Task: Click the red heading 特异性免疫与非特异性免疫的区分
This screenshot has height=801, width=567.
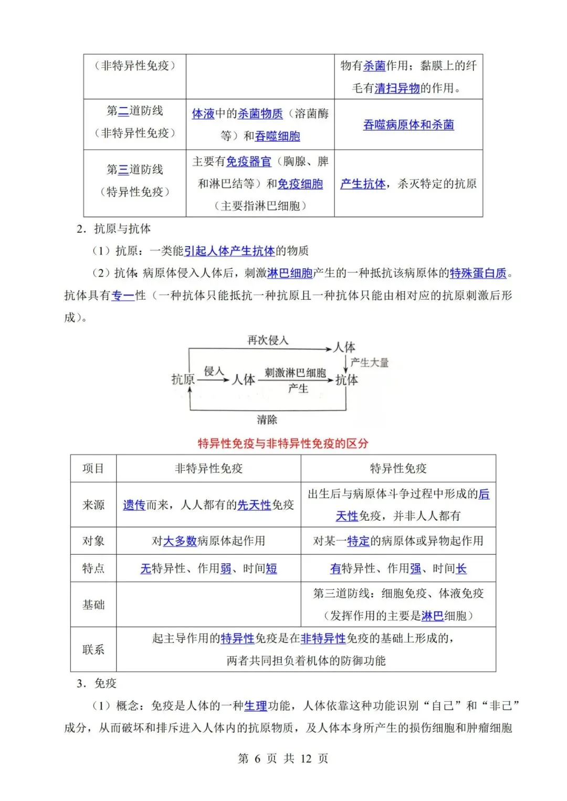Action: tap(283, 444)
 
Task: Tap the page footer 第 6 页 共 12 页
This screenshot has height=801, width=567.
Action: tap(283, 758)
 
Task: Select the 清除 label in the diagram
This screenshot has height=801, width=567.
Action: tap(267, 420)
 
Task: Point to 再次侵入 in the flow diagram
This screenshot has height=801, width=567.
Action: tap(268, 340)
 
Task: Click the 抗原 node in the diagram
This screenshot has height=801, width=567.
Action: tap(183, 380)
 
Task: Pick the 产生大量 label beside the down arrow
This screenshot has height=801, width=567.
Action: tap(370, 363)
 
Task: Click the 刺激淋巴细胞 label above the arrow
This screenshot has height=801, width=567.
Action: tap(295, 373)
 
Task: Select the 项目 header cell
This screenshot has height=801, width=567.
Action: tap(93, 468)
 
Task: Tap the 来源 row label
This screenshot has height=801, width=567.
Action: tap(93, 505)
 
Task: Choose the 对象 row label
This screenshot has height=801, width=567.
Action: tap(93, 541)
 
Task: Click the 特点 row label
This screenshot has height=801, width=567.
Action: tap(93, 568)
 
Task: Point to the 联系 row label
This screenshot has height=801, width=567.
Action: tap(93, 649)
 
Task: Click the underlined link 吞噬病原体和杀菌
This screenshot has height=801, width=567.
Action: tap(408, 125)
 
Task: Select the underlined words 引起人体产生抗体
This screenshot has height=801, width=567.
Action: tap(229, 251)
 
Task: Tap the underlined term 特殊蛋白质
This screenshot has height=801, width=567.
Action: tap(478, 273)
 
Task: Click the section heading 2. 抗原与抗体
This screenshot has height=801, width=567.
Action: tap(113, 229)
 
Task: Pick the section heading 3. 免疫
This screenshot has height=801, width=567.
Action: tap(97, 683)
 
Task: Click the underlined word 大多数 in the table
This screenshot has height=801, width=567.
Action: tap(180, 541)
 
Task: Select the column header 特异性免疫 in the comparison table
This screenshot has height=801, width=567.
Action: tap(398, 468)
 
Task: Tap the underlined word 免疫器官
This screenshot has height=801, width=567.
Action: tap(248, 162)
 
